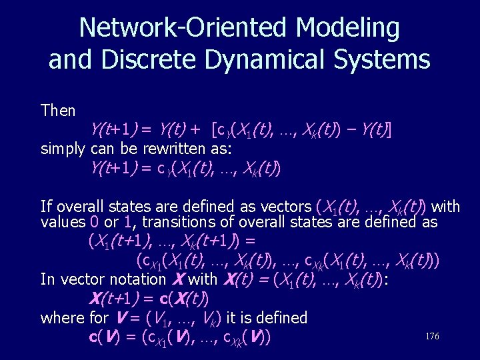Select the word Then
(58, 110)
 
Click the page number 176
(432, 337)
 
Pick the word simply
(63, 148)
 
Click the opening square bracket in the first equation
(215, 129)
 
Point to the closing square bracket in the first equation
(389, 129)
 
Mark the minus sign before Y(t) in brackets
(351, 129)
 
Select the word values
(63, 222)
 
